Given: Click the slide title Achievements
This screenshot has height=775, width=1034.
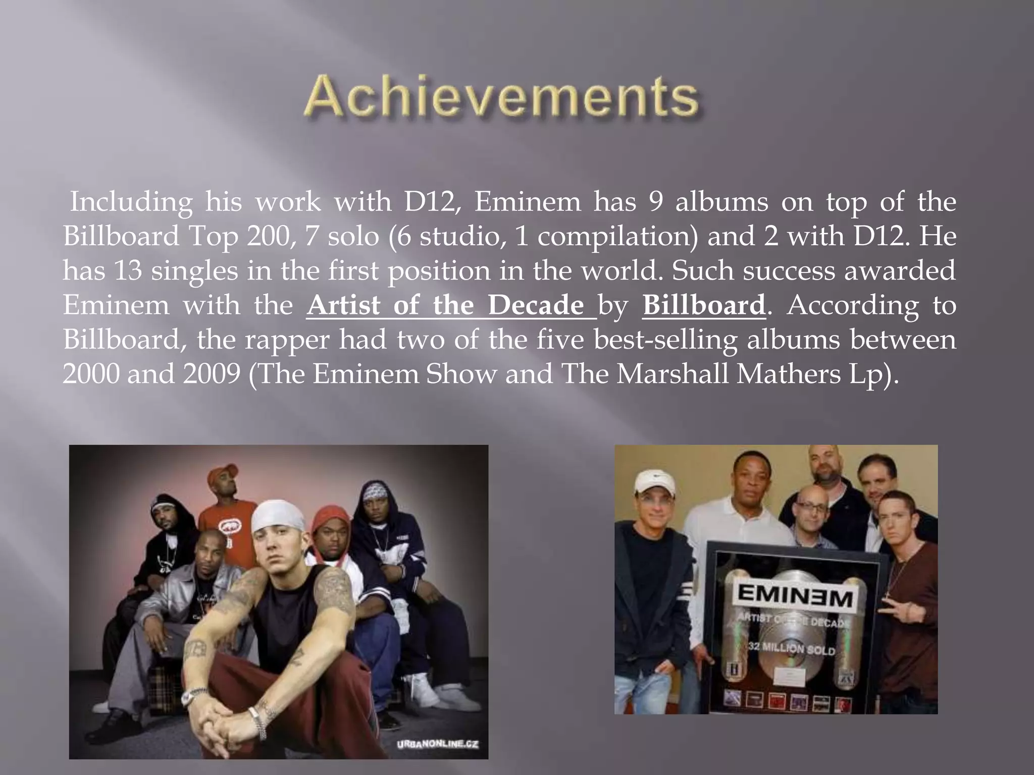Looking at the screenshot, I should click(x=501, y=97).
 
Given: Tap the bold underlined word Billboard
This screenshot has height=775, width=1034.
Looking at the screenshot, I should click(x=704, y=305).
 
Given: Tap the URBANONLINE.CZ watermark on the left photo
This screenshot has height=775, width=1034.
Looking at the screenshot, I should click(x=438, y=744).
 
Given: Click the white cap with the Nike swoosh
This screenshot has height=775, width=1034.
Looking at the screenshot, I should click(x=654, y=484).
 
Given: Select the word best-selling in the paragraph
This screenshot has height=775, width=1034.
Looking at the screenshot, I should click(x=665, y=340).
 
